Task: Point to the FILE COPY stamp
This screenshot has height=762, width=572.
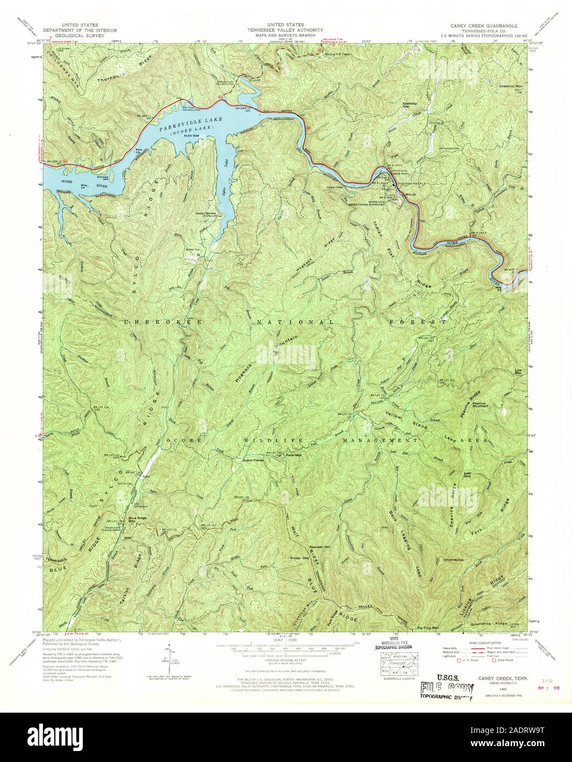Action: [445, 688]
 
